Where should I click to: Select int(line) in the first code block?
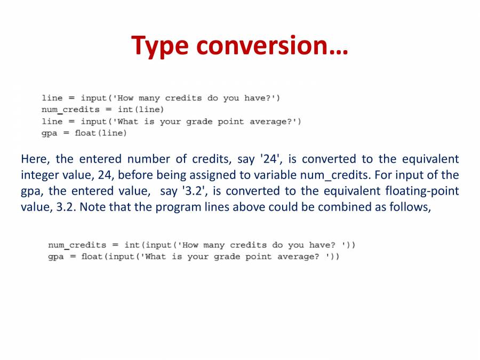click(x=141, y=110)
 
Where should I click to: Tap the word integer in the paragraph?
click(x=39, y=175)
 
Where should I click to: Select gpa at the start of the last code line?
click(x=56, y=257)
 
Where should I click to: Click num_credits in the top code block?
click(x=70, y=110)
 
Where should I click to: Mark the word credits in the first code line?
click(x=183, y=98)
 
